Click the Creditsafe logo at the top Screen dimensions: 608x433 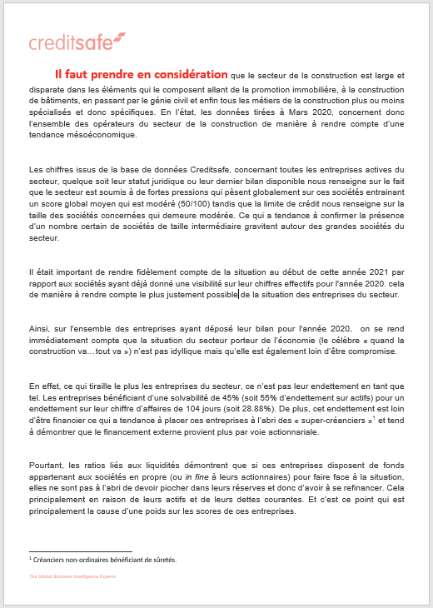77,42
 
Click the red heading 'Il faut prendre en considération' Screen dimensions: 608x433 142,74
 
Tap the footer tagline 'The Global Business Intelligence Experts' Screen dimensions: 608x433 73,576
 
